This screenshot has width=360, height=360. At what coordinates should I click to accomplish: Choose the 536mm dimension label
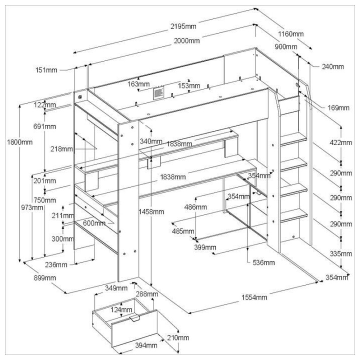263,262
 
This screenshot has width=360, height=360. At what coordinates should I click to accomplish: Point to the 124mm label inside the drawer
118,310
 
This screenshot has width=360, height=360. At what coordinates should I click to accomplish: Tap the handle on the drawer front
133,318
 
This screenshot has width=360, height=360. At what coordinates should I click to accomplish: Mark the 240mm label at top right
332,66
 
